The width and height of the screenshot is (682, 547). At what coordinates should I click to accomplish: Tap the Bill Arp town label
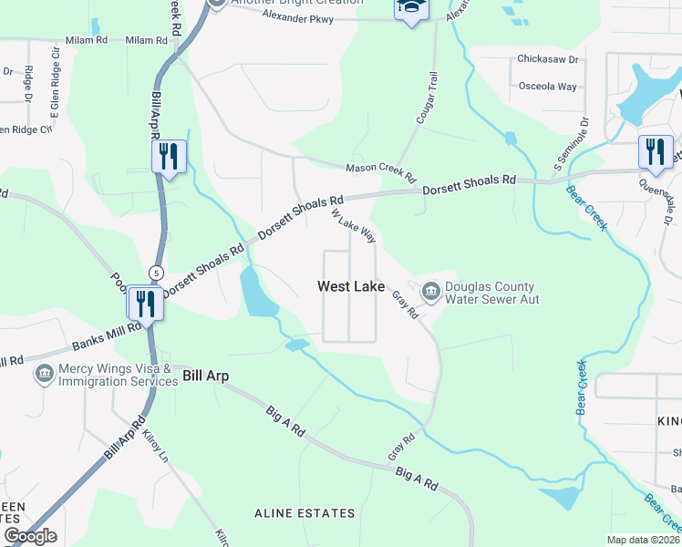point(205,376)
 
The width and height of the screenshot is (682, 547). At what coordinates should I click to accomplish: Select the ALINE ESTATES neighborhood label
point(305,513)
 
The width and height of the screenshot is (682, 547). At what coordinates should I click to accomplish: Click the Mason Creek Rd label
point(379,170)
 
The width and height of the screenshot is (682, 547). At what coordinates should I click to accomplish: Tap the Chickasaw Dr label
point(548,59)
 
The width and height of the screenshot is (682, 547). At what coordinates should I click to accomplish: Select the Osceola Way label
point(548,87)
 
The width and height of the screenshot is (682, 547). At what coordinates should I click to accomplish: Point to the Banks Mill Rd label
point(106,338)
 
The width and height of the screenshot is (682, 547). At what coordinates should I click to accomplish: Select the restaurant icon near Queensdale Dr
point(655,150)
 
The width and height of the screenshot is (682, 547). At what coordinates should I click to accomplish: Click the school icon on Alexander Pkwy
point(411,7)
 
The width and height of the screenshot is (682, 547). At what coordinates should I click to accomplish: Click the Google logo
point(30,536)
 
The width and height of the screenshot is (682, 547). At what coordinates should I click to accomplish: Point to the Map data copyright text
point(643,540)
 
